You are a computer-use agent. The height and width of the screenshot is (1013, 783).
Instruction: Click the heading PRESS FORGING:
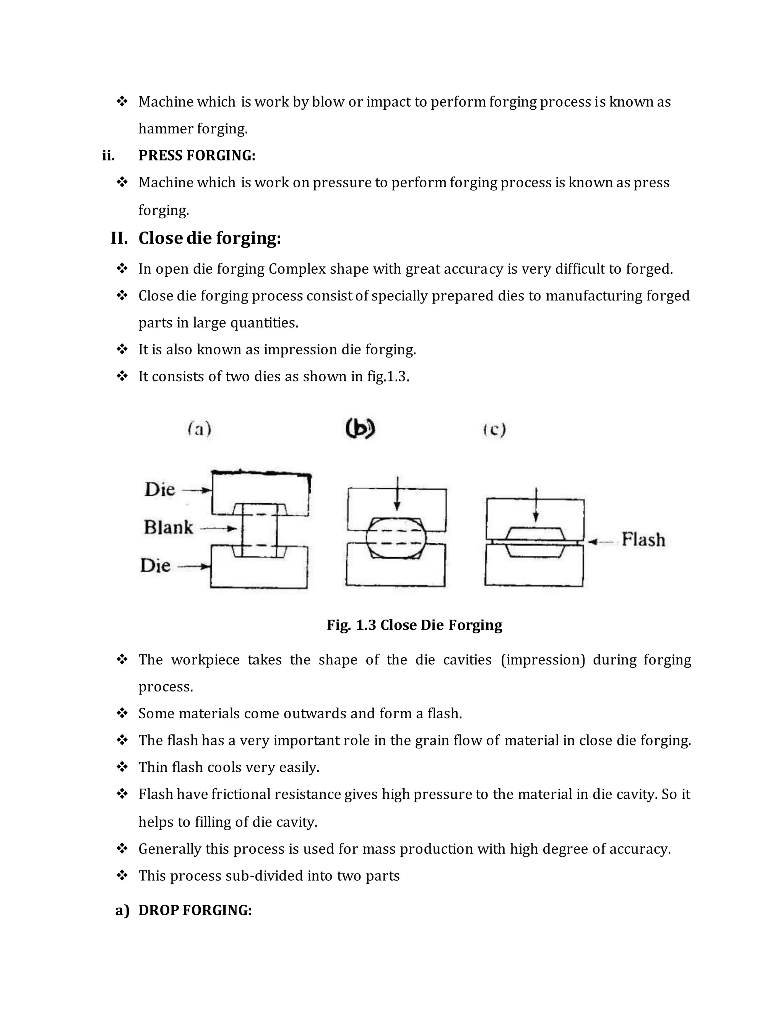197,155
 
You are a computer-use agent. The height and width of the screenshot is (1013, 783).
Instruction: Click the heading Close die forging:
210,239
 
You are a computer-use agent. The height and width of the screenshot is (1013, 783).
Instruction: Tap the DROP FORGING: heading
195,910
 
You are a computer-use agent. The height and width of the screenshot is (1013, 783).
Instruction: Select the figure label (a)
200,429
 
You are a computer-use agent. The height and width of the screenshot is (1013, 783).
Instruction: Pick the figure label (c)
494,430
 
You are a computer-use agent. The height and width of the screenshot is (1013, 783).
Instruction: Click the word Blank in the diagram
168,528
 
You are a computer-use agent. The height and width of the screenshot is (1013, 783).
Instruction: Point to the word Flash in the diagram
643,539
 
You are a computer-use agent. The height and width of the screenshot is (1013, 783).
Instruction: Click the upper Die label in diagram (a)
159,489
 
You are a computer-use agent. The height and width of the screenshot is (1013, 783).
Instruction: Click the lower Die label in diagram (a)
155,565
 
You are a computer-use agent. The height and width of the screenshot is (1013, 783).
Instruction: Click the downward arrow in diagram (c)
536,506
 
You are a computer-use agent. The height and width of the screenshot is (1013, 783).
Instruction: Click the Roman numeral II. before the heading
119,239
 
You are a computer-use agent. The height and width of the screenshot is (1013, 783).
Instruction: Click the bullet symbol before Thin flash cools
122,767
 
